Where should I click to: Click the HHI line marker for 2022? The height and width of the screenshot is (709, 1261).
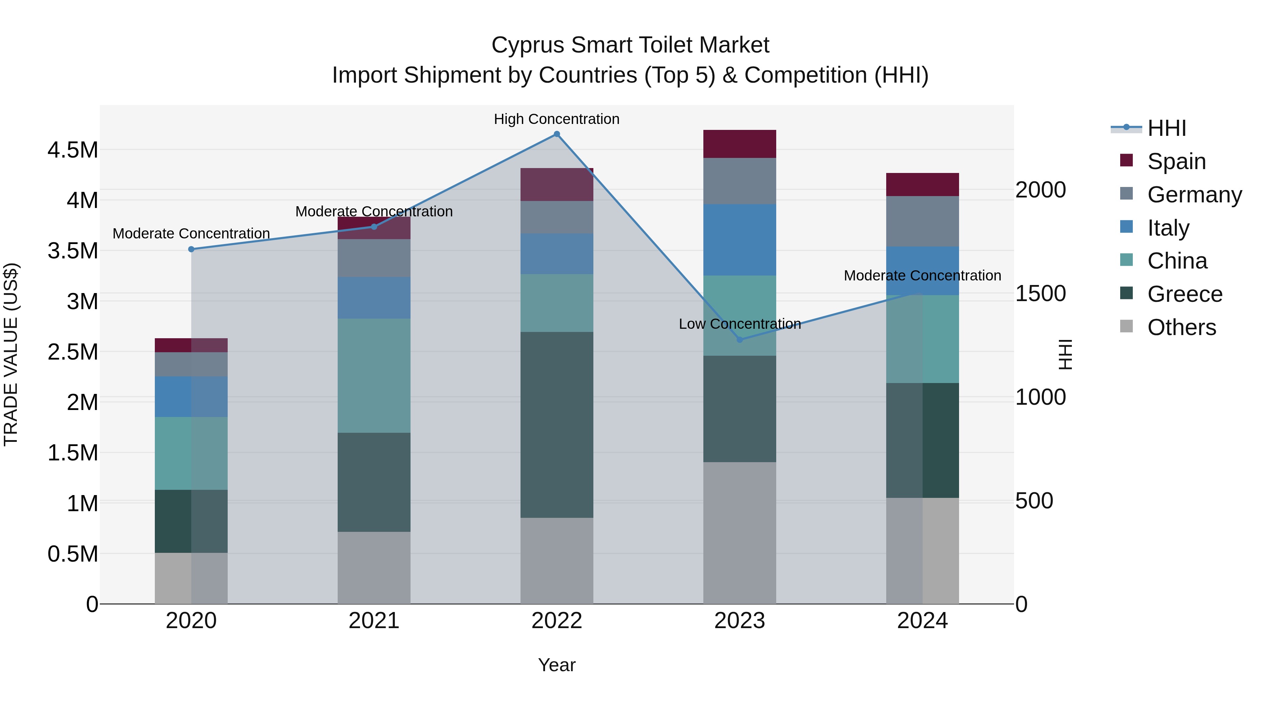[x=557, y=134]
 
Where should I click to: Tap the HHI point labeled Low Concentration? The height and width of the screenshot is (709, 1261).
[x=740, y=340]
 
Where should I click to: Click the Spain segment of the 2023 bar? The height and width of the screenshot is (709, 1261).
[x=740, y=144]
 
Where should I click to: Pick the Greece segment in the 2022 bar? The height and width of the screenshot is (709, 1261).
[x=557, y=425]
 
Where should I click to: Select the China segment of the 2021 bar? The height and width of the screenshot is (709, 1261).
[x=374, y=376]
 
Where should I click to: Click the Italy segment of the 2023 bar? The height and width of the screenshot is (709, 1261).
[x=740, y=240]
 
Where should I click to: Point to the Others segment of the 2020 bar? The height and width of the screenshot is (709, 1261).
[x=191, y=578]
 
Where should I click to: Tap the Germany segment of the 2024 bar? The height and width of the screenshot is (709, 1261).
[x=922, y=221]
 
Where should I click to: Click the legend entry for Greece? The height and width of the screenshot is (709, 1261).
[x=1185, y=294]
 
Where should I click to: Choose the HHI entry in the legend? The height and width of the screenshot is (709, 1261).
[x=1166, y=128]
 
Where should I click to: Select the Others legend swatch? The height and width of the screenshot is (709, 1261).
[x=1126, y=326]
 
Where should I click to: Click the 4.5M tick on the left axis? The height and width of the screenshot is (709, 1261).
[x=73, y=150]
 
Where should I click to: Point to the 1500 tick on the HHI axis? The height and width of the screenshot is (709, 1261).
[x=1040, y=294]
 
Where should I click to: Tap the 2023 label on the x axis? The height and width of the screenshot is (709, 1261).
[x=740, y=621]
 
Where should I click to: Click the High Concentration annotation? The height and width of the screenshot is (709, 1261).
[x=557, y=119]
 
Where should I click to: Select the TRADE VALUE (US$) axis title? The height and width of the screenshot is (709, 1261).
[x=11, y=354]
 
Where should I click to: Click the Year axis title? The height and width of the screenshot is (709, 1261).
[x=557, y=665]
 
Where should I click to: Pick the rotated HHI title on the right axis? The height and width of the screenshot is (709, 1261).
[x=1065, y=354]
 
